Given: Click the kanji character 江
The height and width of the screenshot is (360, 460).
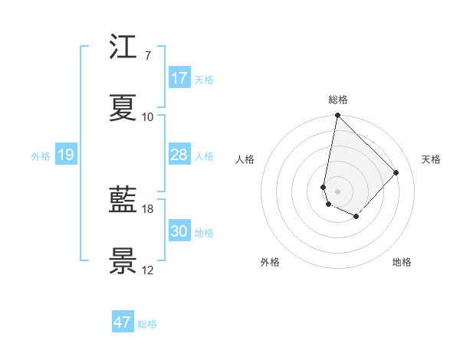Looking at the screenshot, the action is (x=123, y=48).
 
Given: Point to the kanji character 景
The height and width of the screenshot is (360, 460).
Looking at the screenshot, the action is (x=123, y=261).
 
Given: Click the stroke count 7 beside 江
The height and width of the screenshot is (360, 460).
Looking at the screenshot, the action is (x=147, y=56).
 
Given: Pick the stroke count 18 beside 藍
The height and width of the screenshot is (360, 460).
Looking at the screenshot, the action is (x=148, y=208).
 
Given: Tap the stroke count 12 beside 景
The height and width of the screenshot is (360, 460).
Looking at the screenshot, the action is (x=148, y=270).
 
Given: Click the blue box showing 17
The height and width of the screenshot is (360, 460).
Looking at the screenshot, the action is (x=179, y=78).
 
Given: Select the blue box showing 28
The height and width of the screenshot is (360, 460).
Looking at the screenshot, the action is (x=179, y=155).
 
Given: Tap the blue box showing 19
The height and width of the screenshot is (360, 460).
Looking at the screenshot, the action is (x=65, y=155).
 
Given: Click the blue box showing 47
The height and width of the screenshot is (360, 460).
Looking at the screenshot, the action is (x=122, y=322).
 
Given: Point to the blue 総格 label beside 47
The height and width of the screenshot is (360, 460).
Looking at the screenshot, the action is (x=147, y=324).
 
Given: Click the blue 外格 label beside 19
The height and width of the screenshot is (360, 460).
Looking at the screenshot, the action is (x=41, y=156).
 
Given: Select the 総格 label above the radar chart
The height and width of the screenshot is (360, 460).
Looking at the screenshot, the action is (x=338, y=100).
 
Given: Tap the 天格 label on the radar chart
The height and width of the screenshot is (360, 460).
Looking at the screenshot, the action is (x=431, y=159).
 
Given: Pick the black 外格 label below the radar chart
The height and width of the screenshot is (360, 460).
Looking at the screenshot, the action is (x=270, y=262).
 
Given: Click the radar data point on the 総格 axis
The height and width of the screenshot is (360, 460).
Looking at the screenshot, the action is (x=337, y=116).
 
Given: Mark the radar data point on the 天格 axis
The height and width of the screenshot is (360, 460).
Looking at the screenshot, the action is (x=396, y=172).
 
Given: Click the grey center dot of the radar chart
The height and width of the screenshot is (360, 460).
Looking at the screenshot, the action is (x=337, y=191).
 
